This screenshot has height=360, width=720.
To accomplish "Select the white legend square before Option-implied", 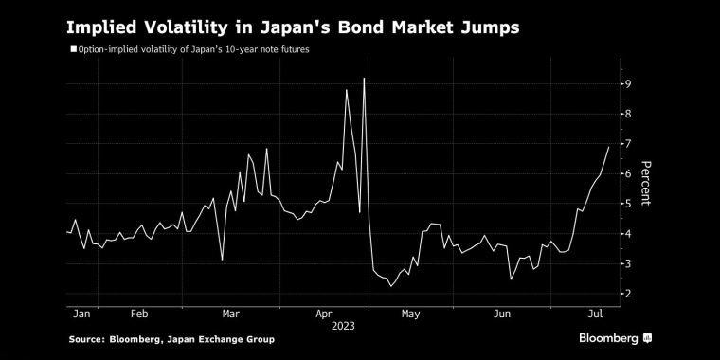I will pyautogui.click(x=73, y=48).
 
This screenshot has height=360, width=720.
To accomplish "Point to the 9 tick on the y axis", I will pyautogui.click(x=626, y=84).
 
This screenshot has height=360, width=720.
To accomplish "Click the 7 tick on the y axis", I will pyautogui.click(x=626, y=144).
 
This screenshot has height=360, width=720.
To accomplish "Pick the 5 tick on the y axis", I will pyautogui.click(x=626, y=204).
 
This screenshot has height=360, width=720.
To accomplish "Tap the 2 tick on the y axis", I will pyautogui.click(x=626, y=294).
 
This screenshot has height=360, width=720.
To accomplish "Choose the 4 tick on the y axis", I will pyautogui.click(x=626, y=234).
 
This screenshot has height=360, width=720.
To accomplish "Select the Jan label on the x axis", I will pyautogui.click(x=81, y=312).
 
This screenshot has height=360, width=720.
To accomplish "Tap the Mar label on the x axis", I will pyautogui.click(x=230, y=312).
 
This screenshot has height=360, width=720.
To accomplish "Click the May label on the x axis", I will pyautogui.click(x=411, y=312).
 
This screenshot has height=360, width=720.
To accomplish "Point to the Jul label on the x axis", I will pyautogui.click(x=597, y=312).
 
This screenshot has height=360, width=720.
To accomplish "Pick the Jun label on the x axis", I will pyautogui.click(x=504, y=312).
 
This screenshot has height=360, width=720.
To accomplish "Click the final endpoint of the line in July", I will pyautogui.click(x=607, y=147).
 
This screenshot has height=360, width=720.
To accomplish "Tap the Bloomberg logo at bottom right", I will pyautogui.click(x=615, y=338).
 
